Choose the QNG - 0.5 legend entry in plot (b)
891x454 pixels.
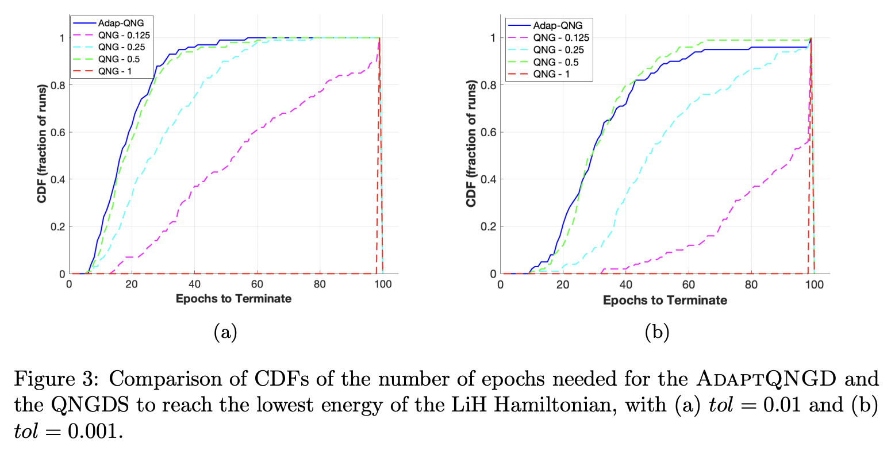click(555, 62)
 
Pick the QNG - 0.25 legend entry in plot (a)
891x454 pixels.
click(121, 47)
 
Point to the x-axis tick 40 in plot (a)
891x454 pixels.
click(194, 284)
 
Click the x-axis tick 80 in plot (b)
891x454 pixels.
click(751, 284)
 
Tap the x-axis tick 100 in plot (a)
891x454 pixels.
click(383, 284)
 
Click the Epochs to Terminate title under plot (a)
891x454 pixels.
click(233, 299)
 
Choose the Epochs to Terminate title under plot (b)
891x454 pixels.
click(665, 300)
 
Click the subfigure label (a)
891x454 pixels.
click(225, 332)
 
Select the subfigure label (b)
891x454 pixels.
click(656, 332)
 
